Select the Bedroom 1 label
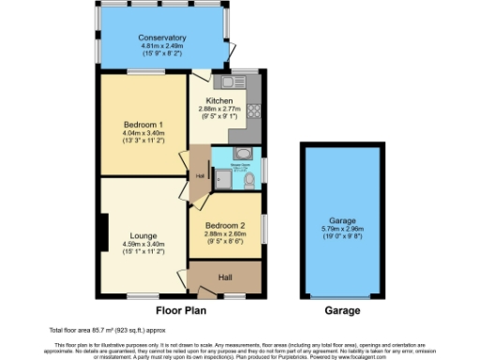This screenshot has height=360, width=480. pyautogui.click(x=144, y=125)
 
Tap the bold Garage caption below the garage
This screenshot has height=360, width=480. pyautogui.click(x=341, y=309)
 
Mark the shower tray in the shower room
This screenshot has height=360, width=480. pyautogui.click(x=222, y=177)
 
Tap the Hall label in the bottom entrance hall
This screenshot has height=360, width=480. pyautogui.click(x=224, y=277)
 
